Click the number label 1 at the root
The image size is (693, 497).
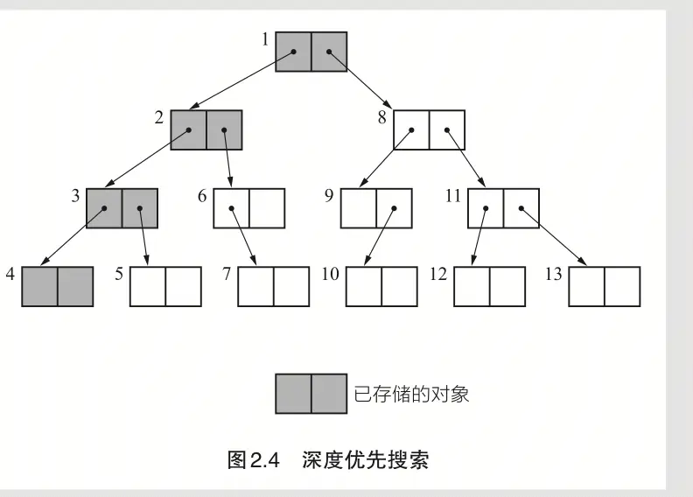click(x=264, y=40)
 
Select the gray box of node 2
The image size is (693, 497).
click(x=206, y=129)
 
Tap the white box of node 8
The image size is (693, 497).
click(x=428, y=129)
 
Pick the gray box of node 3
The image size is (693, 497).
click(x=122, y=208)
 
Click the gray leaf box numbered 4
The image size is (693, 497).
click(x=57, y=286)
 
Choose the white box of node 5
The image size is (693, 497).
click(x=165, y=286)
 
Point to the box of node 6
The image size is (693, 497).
click(x=249, y=208)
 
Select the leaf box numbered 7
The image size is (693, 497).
click(x=274, y=286)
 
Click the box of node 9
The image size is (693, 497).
click(x=376, y=208)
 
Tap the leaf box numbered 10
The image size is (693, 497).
click(x=381, y=286)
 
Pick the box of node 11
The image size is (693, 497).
click(x=503, y=208)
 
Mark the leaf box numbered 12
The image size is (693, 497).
click(x=489, y=286)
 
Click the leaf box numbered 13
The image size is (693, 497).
click(x=605, y=286)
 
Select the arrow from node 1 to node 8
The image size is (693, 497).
click(x=362, y=82)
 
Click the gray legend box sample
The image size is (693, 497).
click(x=311, y=393)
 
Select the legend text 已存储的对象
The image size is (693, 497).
click(x=411, y=394)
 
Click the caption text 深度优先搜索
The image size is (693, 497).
click(x=367, y=459)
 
